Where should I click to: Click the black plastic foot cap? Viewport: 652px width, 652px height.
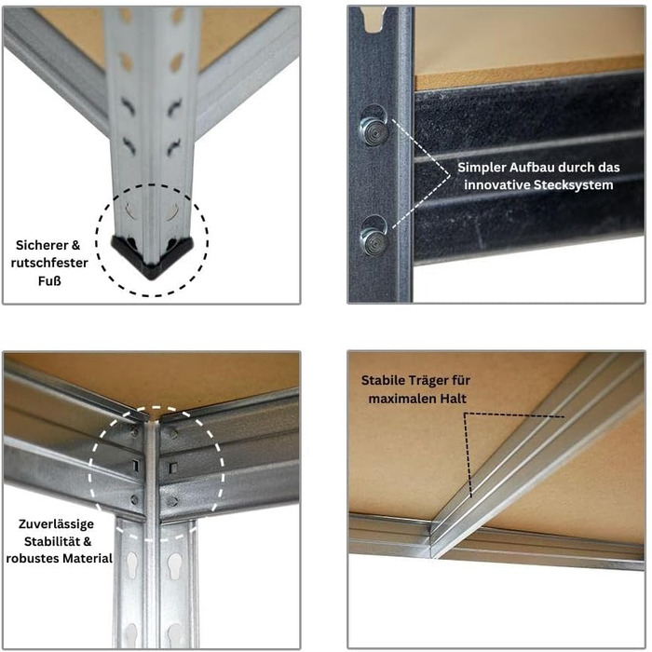coord(152,256)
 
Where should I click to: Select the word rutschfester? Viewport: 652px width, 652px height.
coord(49,263)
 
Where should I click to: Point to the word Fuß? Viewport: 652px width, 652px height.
coord(49,280)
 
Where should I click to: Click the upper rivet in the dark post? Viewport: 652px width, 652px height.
coord(374,130)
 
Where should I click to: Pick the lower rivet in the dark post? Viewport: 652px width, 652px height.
coord(374,240)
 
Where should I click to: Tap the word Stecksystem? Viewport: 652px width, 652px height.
coord(574,184)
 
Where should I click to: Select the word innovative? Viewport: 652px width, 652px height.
coord(497,184)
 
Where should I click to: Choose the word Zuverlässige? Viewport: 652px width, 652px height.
coord(56,523)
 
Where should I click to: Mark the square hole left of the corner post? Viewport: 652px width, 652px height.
coord(135,466)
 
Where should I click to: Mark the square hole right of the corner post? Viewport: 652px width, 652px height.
coord(173,469)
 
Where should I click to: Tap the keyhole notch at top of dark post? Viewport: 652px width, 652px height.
coord(374,20)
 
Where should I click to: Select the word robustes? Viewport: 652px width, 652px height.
coord(30,558)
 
